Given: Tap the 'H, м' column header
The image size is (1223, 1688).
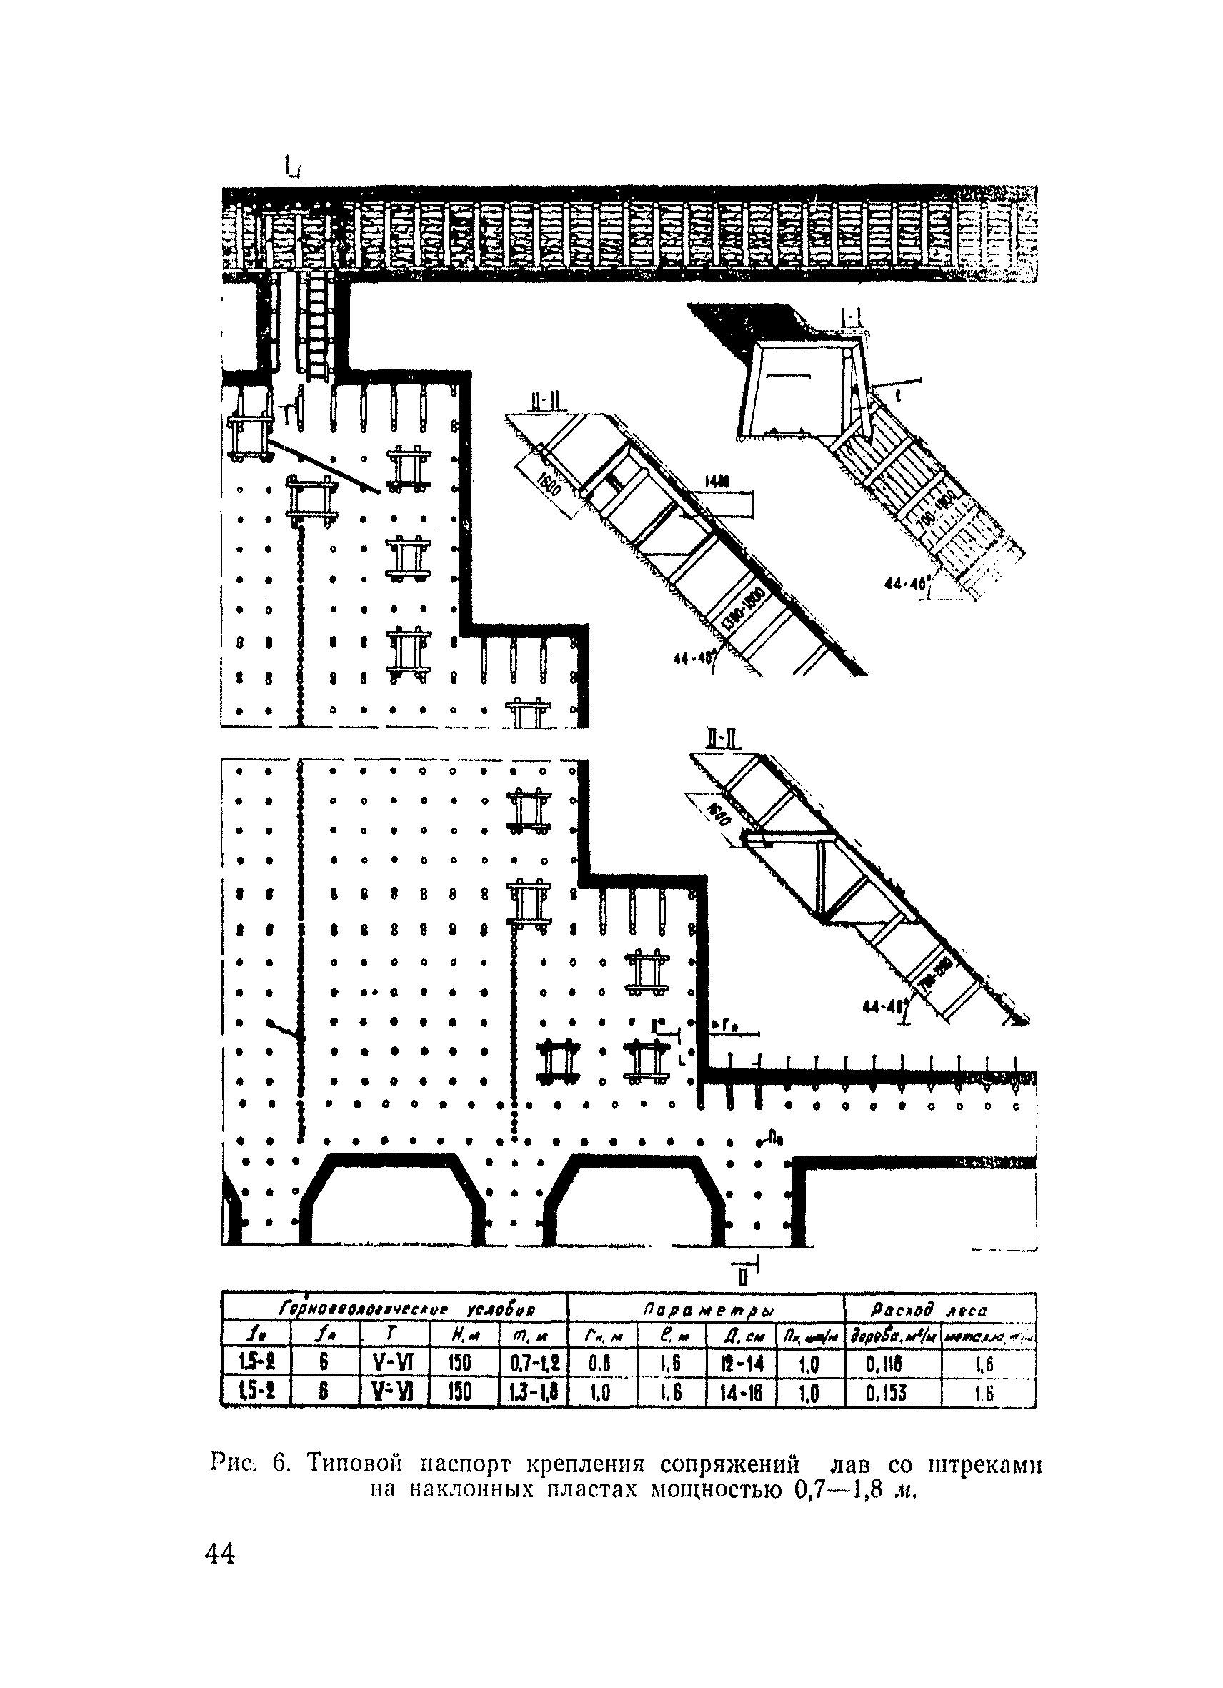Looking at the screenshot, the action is point(463,1337).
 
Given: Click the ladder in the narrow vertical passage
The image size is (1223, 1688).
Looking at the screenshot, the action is point(317,325).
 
